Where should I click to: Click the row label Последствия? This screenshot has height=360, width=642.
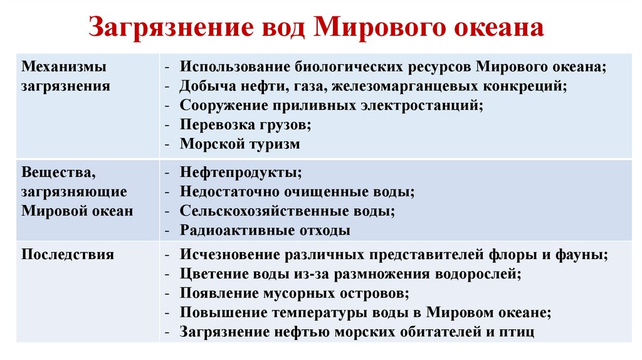[68, 255]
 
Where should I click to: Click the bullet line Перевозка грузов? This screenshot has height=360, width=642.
[245, 124]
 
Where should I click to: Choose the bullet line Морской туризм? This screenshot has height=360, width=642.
[240, 144]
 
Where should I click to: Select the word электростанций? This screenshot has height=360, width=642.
[422, 105]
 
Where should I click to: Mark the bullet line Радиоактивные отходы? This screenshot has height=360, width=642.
[265, 230]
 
